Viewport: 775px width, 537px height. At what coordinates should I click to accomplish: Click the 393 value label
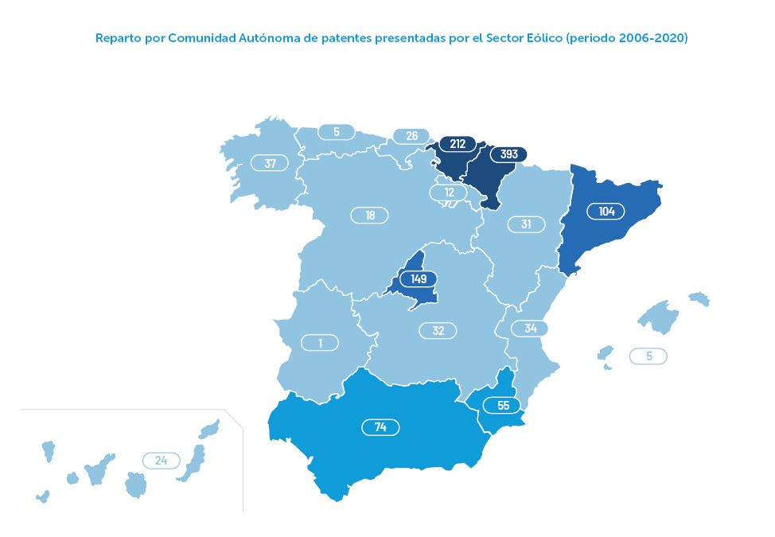[508, 155]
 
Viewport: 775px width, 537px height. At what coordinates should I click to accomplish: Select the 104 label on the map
[606, 211]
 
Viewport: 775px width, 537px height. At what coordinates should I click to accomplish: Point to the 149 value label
[419, 279]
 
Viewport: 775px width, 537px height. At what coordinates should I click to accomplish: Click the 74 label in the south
[380, 427]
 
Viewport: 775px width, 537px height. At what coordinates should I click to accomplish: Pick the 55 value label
[502, 405]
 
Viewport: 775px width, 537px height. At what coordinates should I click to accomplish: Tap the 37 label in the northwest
[270, 163]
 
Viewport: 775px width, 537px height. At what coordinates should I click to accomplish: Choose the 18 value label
[369, 215]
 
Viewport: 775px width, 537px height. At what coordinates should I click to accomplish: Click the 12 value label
[449, 193]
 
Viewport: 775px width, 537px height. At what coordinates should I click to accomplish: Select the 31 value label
[526, 224]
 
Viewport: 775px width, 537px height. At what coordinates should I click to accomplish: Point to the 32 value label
[438, 330]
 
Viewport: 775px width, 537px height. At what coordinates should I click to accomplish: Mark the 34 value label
[530, 328]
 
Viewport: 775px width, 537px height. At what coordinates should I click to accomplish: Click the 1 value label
[320, 343]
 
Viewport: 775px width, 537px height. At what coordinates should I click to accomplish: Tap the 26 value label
[411, 136]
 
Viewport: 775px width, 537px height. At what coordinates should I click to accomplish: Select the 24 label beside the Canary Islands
[162, 460]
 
